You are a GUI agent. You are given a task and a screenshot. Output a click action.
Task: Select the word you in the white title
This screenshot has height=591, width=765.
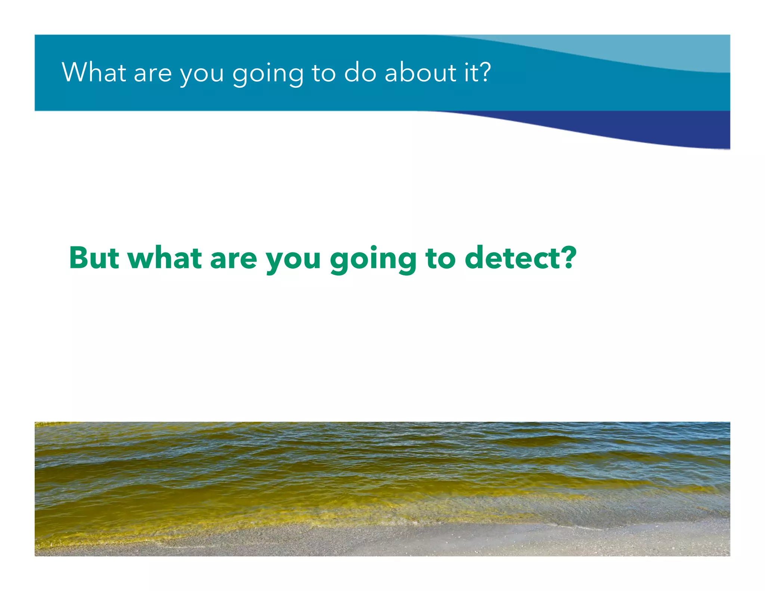pyautogui.click(x=202, y=75)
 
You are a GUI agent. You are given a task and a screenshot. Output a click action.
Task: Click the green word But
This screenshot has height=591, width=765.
pyautogui.click(x=94, y=258)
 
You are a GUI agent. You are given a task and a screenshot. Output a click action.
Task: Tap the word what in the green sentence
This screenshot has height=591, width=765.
pyautogui.click(x=165, y=258)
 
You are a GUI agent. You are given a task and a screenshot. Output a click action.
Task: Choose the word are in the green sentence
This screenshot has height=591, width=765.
pyautogui.click(x=233, y=259)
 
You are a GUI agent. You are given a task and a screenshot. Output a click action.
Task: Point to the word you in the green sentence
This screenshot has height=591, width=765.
pyautogui.click(x=293, y=261)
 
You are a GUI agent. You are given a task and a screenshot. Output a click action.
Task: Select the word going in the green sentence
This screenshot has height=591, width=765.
pyautogui.click(x=373, y=260)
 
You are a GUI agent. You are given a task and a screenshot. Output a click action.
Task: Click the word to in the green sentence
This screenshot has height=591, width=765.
pyautogui.click(x=440, y=259)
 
